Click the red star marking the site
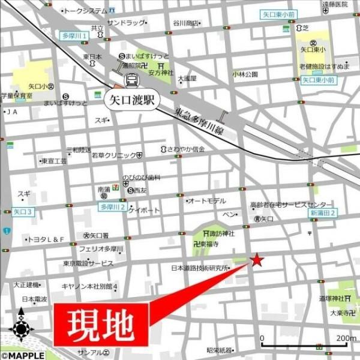click(x=257, y=260)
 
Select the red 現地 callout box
click(x=101, y=324)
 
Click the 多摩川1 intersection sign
click(x=76, y=36)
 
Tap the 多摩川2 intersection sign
click(x=112, y=207)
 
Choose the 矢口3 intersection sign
click(x=23, y=212)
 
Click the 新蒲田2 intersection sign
click(x=323, y=212)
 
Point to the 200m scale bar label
click(x=346, y=338)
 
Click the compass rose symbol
click(x=21, y=328)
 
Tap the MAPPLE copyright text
click(x=22, y=355)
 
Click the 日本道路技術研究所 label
click(x=200, y=268)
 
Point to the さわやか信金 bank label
click(x=186, y=149)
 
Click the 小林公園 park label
click(x=245, y=74)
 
